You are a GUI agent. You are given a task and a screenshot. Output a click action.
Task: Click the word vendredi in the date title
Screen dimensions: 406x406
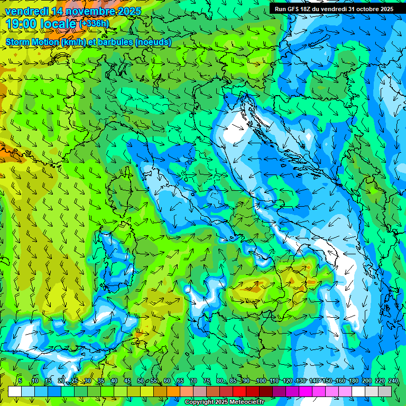(27, 11)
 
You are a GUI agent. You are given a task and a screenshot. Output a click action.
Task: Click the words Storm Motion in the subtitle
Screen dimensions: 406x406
(32, 42)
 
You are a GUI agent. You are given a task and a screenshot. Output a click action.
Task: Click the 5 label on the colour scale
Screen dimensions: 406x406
(20, 381)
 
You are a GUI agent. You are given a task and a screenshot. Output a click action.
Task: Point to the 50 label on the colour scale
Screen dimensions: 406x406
(140, 381)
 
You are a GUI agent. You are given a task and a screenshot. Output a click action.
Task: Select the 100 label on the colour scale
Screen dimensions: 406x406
(260, 381)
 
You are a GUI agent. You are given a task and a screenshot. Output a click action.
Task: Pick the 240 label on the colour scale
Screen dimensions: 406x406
(393, 381)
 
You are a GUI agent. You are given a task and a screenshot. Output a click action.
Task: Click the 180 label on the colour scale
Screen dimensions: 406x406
(353, 381)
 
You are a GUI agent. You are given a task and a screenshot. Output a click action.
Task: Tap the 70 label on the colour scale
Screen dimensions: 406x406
(193, 381)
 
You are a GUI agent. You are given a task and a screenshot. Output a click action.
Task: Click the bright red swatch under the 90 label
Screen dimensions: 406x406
(239, 391)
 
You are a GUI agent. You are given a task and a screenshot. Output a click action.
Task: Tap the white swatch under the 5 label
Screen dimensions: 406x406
(15, 391)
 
